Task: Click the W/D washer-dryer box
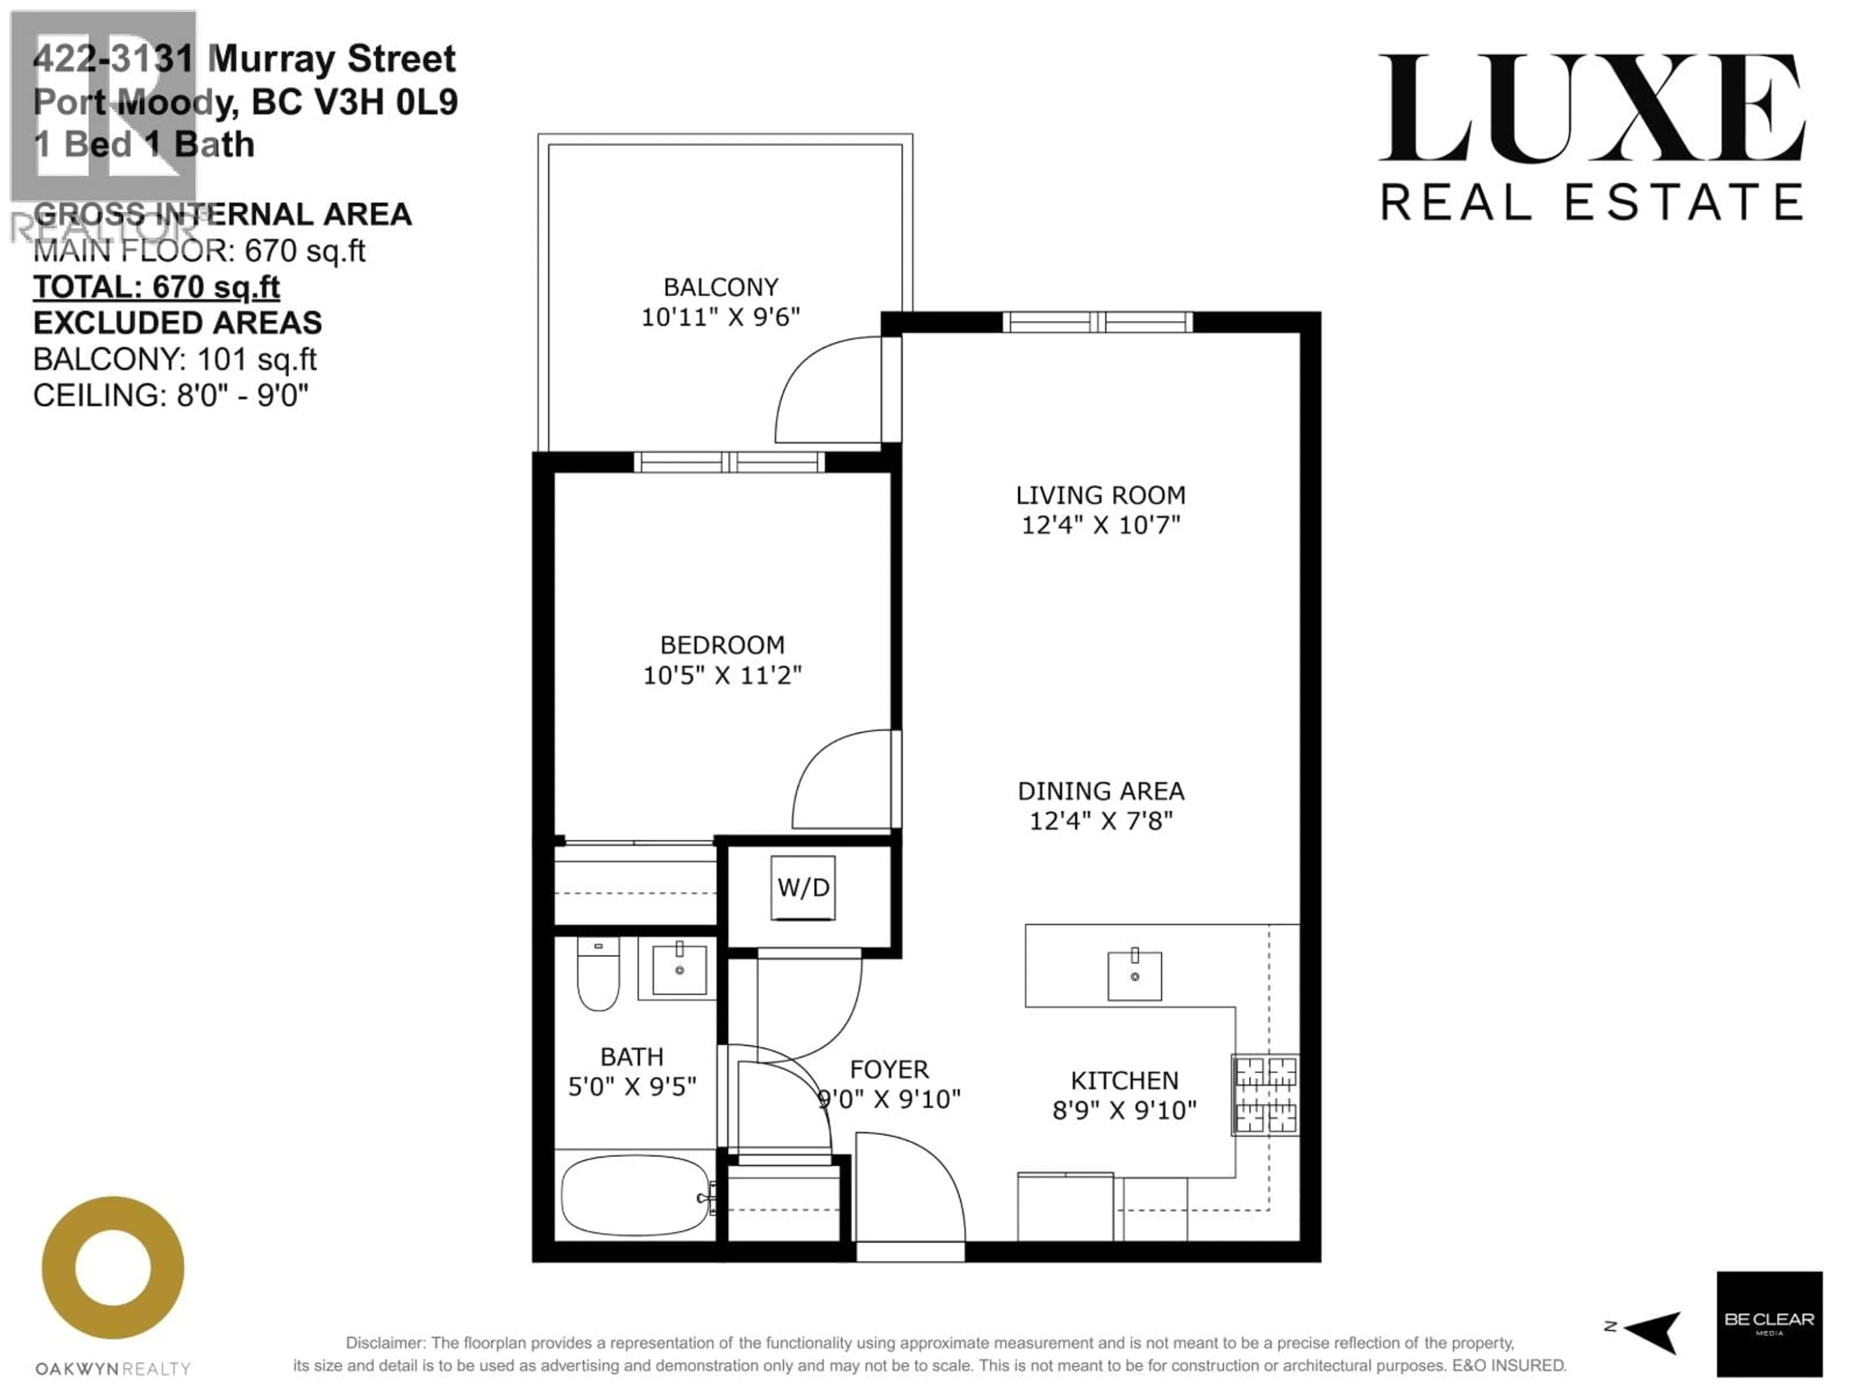(x=803, y=888)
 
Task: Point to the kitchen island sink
(x=1134, y=976)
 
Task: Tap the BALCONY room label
(x=720, y=288)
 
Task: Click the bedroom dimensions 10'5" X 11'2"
(x=722, y=675)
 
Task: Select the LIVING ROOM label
(x=1101, y=495)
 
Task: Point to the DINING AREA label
(x=1101, y=791)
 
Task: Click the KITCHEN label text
(x=1124, y=1080)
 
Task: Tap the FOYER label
(x=889, y=1069)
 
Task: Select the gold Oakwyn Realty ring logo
(x=113, y=1267)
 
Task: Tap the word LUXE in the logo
(x=1590, y=110)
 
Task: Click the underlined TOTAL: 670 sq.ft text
(x=157, y=287)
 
